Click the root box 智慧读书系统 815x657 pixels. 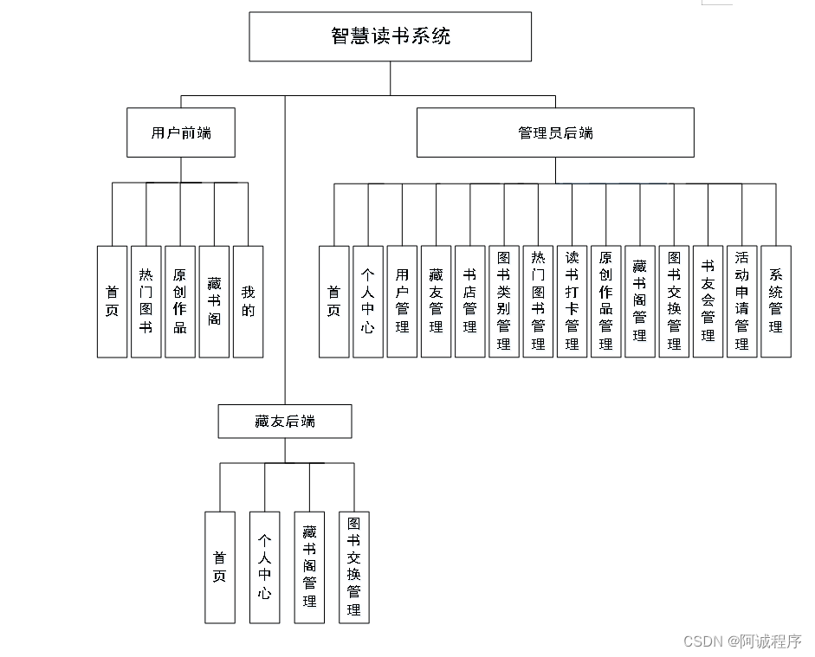click(x=391, y=36)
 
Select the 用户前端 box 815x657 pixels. click(x=180, y=132)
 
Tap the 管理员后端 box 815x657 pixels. click(x=555, y=132)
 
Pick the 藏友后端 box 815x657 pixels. click(x=285, y=422)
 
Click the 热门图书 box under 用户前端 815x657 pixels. click(x=146, y=301)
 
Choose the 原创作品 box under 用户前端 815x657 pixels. click(x=180, y=301)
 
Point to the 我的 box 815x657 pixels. click(x=249, y=301)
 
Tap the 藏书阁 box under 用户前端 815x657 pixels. click(x=214, y=301)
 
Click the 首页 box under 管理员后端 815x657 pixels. click(x=334, y=301)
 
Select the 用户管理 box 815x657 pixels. click(x=402, y=301)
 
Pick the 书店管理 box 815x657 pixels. click(x=470, y=301)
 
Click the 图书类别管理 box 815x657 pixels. click(x=504, y=301)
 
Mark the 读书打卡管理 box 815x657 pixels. click(x=572, y=301)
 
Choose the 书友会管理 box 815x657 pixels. click(x=708, y=301)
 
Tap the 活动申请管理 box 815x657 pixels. click(x=742, y=301)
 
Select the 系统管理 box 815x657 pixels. click(x=776, y=301)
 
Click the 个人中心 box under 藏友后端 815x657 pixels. click(x=265, y=567)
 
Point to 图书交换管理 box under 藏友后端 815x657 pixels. click(x=354, y=567)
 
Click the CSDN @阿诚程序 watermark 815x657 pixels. click(x=742, y=641)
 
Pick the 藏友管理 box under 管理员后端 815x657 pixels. click(x=437, y=301)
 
